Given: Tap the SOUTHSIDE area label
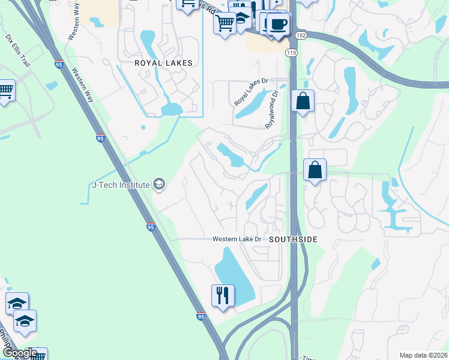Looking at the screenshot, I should pos(293,239).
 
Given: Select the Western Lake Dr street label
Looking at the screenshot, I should pos(238,239).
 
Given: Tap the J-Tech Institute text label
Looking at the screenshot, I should pos(120,185).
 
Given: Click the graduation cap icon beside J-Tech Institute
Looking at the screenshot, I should pos(159,184).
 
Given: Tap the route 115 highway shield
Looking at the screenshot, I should pos(292,53).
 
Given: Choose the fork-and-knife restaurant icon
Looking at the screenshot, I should pos(222,295).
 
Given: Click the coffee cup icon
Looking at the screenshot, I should pos(278,24).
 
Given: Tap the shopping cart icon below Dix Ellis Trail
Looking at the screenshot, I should pos(5,90).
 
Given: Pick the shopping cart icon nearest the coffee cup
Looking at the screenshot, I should pos(225,23).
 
